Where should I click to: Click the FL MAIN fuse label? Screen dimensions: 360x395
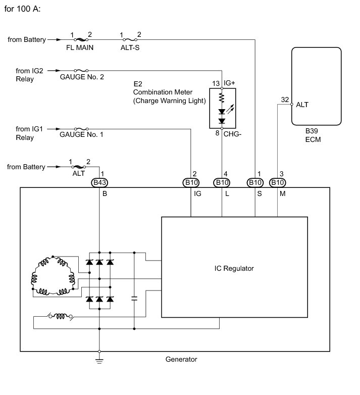[x=80, y=47]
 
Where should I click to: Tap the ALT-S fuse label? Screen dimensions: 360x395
[x=130, y=47]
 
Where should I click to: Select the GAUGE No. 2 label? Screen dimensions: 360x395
[x=82, y=77]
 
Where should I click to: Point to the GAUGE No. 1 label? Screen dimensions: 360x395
[x=81, y=134]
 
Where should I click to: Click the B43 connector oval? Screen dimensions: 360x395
[x=99, y=183]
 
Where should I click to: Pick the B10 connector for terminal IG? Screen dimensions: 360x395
[x=191, y=183]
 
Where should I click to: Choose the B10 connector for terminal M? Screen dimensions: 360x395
[x=277, y=183]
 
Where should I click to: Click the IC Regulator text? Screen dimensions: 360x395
[x=234, y=269]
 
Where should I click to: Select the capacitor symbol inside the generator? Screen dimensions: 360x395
[x=134, y=299]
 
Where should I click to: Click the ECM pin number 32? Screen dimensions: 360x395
[x=285, y=100]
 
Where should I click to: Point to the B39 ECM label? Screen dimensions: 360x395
[x=313, y=135]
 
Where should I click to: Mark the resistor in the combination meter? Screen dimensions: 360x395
[x=222, y=97]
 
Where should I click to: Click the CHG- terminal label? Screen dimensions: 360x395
[x=232, y=134]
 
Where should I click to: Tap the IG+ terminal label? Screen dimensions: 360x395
[x=229, y=83]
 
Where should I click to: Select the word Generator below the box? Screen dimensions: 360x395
[x=181, y=360]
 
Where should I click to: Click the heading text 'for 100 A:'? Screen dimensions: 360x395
[x=22, y=9]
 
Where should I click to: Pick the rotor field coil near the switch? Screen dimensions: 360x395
[x=61, y=316]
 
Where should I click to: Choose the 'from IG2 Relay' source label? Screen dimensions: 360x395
[x=29, y=75]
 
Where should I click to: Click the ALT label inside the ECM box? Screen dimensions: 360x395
[x=302, y=105]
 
